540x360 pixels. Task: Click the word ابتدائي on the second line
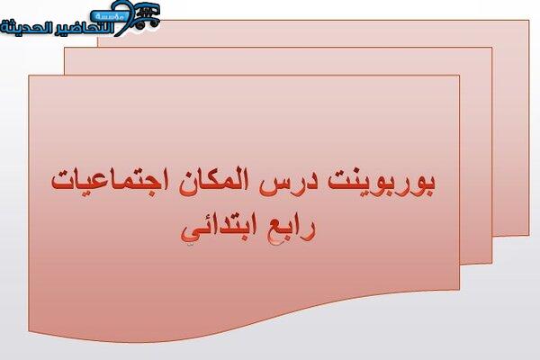[220, 230]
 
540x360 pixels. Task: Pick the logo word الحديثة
[26, 27]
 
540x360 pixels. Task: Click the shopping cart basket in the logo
[148, 13]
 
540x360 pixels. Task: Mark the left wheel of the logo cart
[140, 25]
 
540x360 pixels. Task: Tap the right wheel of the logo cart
[154, 24]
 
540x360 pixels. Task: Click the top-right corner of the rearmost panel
[529, 21]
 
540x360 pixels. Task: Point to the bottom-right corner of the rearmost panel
[529, 235]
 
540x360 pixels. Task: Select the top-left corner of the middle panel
[65, 48]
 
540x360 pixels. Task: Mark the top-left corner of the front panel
[29, 75]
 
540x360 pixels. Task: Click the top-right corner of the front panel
[459, 75]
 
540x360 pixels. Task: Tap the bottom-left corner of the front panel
[29, 332]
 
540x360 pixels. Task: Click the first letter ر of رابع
[310, 231]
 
